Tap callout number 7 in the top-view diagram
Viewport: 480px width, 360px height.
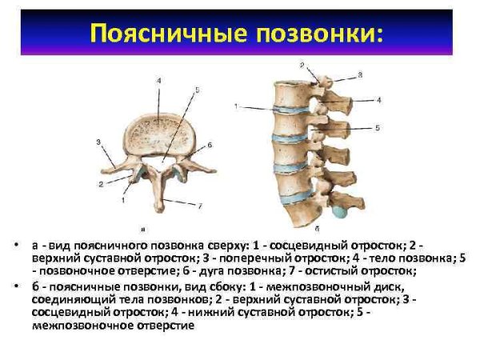200,206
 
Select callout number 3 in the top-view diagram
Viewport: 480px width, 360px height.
98,142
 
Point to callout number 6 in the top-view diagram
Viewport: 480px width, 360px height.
209,145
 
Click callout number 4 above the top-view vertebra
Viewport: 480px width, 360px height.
158,82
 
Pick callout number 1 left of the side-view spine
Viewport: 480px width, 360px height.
237,106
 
